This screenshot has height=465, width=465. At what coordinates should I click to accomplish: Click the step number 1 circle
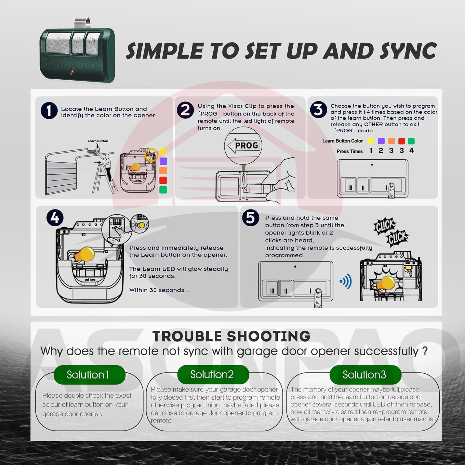pos(49,110)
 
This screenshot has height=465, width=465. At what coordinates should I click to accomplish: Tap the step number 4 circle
pos(55,218)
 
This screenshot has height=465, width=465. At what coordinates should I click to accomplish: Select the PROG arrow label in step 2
pos(243,145)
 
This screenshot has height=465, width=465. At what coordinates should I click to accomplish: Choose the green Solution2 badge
pos(213,374)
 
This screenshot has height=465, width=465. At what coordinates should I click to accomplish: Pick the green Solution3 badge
pos(365,374)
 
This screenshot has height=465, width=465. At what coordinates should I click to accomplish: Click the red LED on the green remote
pos(72,72)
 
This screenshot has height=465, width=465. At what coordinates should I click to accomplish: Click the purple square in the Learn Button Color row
pos(381,141)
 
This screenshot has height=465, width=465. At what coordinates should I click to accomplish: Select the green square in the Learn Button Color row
pos(411,141)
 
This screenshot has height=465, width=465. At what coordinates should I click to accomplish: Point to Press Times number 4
pos(412,151)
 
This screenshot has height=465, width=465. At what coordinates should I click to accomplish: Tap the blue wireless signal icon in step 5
pos(346,281)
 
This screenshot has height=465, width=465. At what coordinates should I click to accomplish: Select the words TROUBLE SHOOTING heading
pos(231,336)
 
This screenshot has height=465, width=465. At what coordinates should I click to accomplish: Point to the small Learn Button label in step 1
pos(98,141)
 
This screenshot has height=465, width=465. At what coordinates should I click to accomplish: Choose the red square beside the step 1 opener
pos(163,180)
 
